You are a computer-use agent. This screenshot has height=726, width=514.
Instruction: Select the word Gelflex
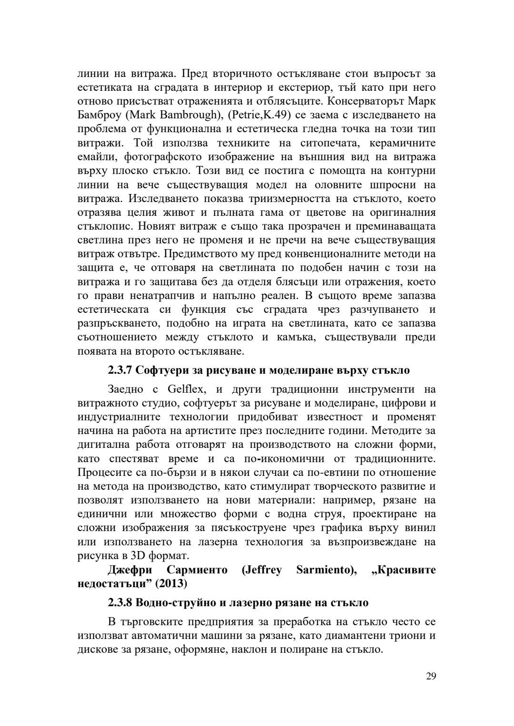[x=186, y=389]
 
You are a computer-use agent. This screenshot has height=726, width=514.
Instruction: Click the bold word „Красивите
[x=404, y=570]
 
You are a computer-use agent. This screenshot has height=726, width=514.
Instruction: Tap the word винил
[x=422, y=528]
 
